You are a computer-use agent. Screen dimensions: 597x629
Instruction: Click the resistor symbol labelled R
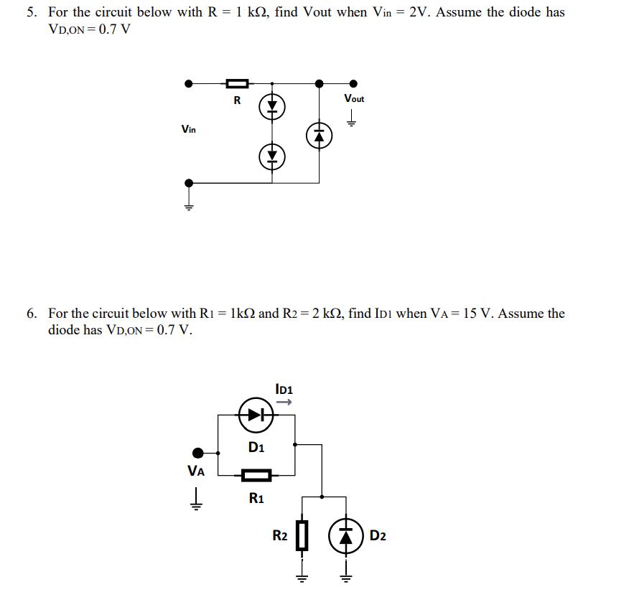[238, 83]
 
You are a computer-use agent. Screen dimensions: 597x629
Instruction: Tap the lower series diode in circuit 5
[272, 155]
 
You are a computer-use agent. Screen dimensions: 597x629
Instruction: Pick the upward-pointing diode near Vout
[320, 135]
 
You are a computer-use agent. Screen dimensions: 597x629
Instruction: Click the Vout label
[354, 98]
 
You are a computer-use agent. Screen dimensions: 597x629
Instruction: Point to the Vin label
[189, 129]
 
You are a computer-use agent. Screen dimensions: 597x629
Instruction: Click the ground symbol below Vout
[352, 119]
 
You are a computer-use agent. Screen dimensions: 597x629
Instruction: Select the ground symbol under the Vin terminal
[189, 206]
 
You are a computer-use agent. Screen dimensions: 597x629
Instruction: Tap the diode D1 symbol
[256, 415]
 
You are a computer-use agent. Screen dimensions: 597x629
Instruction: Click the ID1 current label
[284, 390]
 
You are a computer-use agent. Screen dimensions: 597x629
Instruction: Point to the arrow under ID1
[284, 403]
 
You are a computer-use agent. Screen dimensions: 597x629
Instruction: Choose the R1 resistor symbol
[256, 474]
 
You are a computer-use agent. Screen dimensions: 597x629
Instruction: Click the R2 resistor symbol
[302, 535]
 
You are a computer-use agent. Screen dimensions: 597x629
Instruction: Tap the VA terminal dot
[197, 453]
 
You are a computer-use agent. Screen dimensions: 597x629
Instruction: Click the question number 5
[32, 12]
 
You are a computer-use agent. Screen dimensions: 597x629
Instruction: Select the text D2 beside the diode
[378, 536]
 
